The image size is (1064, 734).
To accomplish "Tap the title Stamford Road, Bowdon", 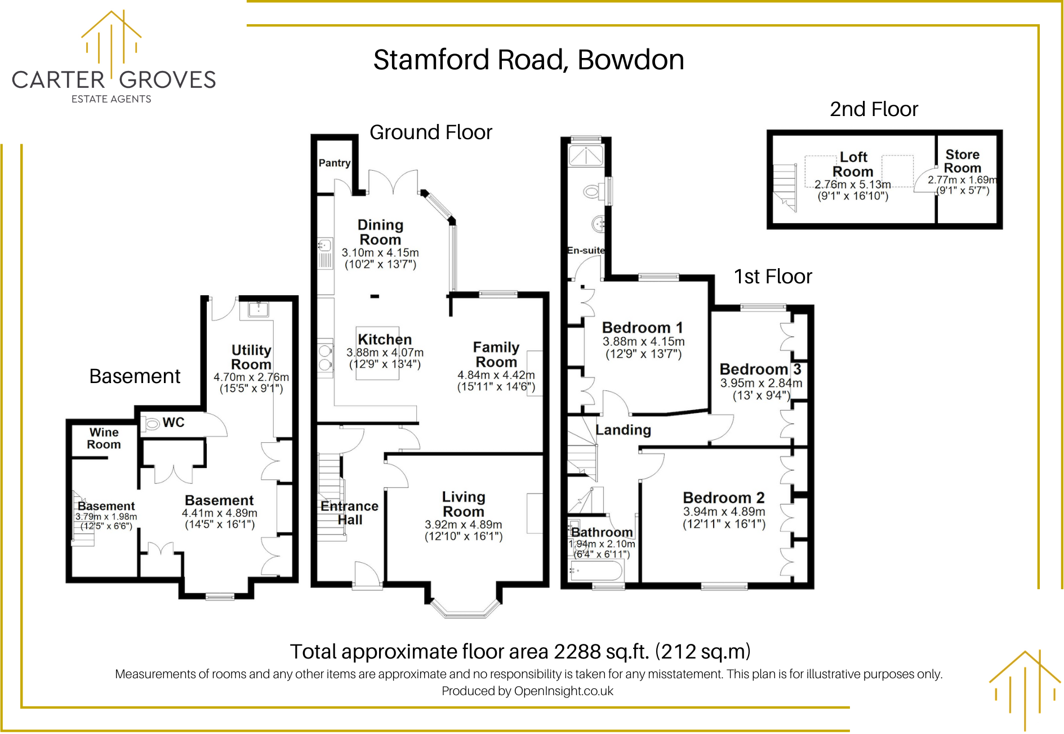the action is pyautogui.click(x=528, y=60).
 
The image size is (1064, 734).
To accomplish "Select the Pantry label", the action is pyautogui.click(x=335, y=163).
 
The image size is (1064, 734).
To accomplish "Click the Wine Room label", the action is pyautogui.click(x=104, y=438).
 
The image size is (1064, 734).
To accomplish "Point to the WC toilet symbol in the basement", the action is pyautogui.click(x=151, y=423).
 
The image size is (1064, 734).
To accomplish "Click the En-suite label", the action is pyautogui.click(x=586, y=250).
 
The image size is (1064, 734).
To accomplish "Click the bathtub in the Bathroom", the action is pyautogui.click(x=596, y=571).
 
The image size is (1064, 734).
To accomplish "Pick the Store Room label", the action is pyautogui.click(x=963, y=161).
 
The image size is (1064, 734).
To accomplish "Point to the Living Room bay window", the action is pyautogui.click(x=465, y=609).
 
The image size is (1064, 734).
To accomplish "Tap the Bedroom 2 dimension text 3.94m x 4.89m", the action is pyautogui.click(x=724, y=511).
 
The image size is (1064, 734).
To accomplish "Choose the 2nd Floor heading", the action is pyautogui.click(x=874, y=109).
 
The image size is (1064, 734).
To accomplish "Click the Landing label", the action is pyautogui.click(x=623, y=430).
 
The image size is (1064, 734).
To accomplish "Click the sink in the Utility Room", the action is pyautogui.click(x=259, y=309).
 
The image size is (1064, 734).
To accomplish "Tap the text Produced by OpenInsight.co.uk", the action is pyautogui.click(x=527, y=691).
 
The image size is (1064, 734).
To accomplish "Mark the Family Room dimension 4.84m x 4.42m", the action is pyautogui.click(x=496, y=375).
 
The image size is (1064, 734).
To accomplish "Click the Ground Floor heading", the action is pyautogui.click(x=431, y=132).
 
